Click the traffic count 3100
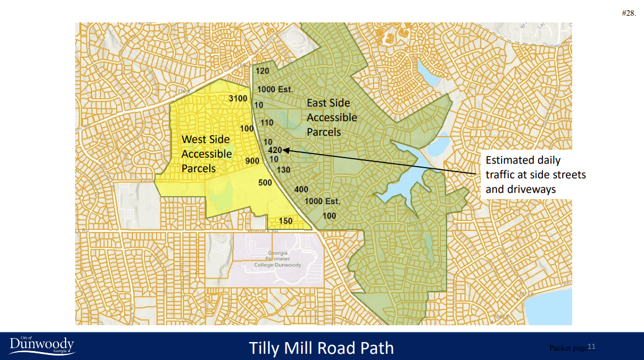click(238, 99)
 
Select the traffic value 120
click(263, 71)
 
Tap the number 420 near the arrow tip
click(274, 150)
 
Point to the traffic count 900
click(252, 161)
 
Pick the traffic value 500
click(265, 183)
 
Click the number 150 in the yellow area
click(286, 221)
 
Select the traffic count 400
click(301, 189)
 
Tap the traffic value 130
click(283, 170)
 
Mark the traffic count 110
click(266, 123)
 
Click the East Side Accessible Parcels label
click(332, 118)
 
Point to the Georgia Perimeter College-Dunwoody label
click(277, 259)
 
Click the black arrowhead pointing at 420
click(286, 150)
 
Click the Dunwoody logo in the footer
click(42, 345)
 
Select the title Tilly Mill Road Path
click(321, 348)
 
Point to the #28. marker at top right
click(628, 13)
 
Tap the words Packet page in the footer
click(568, 348)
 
